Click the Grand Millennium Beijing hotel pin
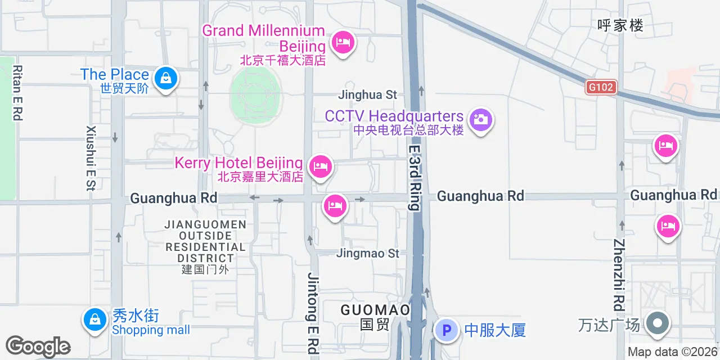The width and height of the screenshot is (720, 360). pos(343,43)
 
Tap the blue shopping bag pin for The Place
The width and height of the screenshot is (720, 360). pos(166,79)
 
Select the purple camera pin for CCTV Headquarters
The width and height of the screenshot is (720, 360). pos(480,120)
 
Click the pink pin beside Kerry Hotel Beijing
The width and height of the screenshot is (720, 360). pos(320,166)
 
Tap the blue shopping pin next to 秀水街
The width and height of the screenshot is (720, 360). pos(94,320)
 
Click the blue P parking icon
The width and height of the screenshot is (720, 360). pos(447,330)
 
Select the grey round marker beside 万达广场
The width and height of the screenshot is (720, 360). pos(656,325)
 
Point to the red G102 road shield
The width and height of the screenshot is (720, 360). pos(601,87)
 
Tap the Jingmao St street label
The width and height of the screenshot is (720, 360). pos(367,253)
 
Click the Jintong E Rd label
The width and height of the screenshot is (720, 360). pos(313,312)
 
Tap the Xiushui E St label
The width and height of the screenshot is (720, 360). pos(91,158)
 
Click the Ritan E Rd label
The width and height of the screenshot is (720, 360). pos(17,93)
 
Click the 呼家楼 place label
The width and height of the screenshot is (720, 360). pos(620,25)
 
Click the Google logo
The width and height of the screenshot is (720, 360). pos(38,346)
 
